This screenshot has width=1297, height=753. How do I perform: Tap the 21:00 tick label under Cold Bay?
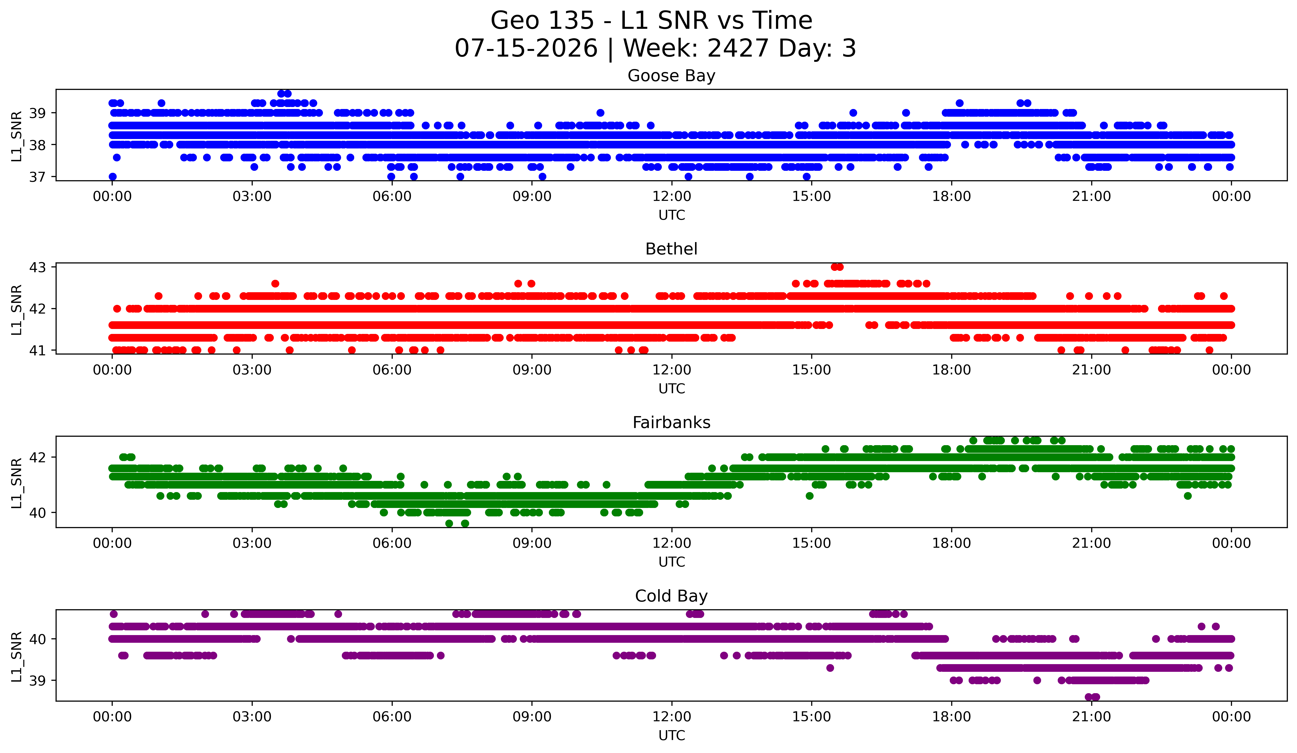tap(1091, 717)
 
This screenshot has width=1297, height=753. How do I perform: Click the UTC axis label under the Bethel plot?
tap(672, 389)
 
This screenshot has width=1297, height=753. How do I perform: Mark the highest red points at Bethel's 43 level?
tap(837, 267)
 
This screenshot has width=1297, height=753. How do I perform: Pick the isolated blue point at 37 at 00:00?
tap(113, 177)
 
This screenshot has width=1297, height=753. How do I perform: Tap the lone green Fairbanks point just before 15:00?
tap(809, 496)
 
